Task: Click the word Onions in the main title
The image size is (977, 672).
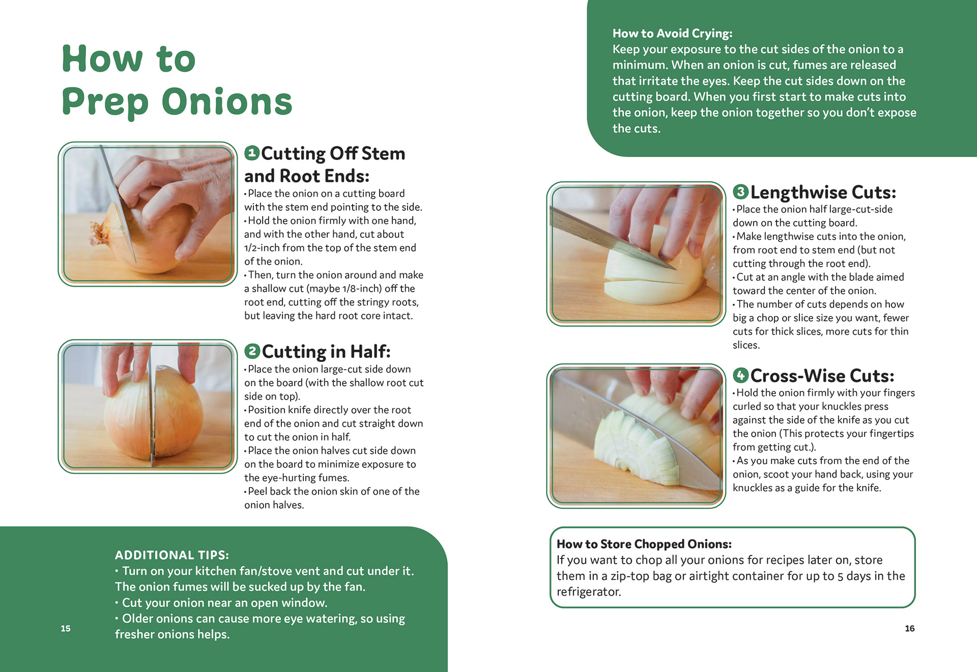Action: click(227, 101)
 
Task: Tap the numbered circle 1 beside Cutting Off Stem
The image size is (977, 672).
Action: click(252, 153)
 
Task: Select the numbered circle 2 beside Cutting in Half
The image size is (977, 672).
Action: click(252, 351)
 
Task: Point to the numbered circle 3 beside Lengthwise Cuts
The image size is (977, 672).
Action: click(740, 191)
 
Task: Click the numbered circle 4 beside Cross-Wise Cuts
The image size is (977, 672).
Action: click(740, 375)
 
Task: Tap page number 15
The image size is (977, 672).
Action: click(66, 628)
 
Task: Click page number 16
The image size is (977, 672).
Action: click(910, 628)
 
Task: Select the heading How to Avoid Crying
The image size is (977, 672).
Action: click(672, 34)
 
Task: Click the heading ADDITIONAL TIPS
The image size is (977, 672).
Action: click(172, 555)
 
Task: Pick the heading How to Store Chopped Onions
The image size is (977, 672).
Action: click(644, 544)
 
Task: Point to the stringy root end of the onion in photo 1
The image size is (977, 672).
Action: click(99, 235)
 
